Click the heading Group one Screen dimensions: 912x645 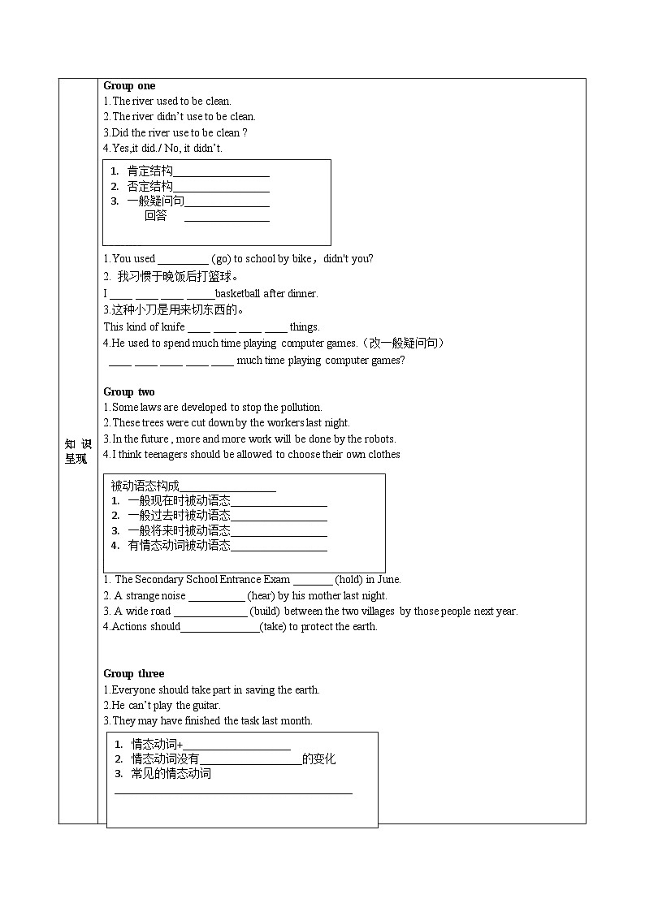[x=129, y=85]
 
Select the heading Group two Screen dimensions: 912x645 [x=129, y=391]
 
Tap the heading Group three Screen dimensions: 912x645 [x=133, y=673]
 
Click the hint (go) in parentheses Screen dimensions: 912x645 [x=221, y=259]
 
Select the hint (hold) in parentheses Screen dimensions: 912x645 [x=348, y=580]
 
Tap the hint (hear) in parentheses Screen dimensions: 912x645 [x=261, y=595]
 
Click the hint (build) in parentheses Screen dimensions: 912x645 [x=265, y=611]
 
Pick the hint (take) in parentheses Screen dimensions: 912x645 [x=273, y=626]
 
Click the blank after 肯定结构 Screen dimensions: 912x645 [x=221, y=172]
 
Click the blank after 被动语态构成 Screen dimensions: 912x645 [x=233, y=487]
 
